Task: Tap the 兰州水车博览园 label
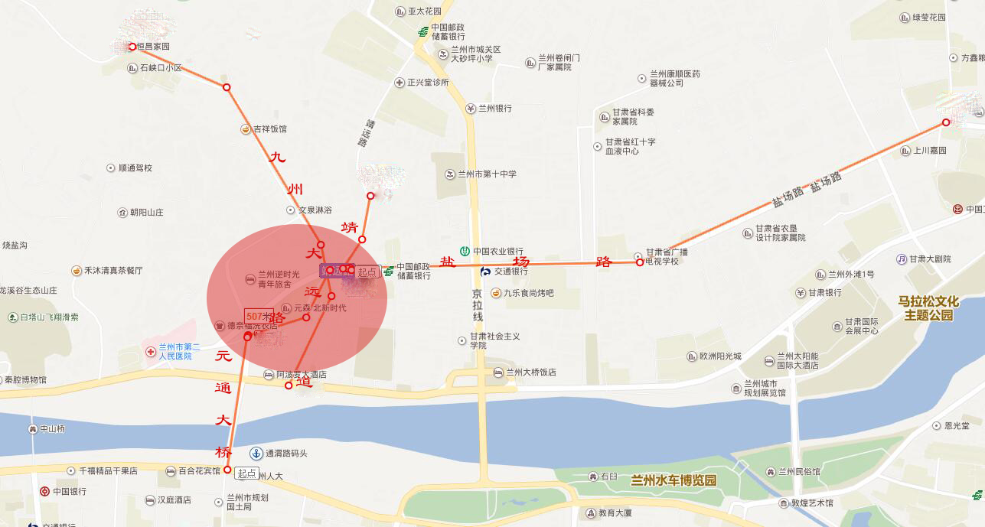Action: pos(673,480)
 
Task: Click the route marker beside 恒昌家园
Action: pos(132,47)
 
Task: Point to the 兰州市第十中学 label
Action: pos(486,174)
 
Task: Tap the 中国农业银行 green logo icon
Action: pos(465,251)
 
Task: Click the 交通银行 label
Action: pos(510,271)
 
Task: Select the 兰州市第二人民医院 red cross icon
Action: pos(151,352)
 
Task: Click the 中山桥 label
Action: pos(52,429)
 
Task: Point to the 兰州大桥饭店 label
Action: pos(530,372)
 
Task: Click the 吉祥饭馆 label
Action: pos(269,129)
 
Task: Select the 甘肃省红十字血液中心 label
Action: pos(630,146)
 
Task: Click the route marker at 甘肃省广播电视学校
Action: pos(640,262)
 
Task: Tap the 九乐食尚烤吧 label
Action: pos(527,293)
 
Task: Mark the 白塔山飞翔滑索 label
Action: pos(49,317)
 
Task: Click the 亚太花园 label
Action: pos(425,11)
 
